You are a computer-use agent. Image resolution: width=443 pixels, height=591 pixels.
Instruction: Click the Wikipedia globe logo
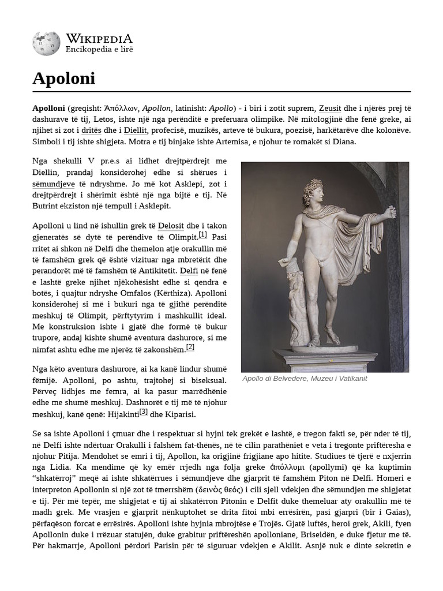pos(46,44)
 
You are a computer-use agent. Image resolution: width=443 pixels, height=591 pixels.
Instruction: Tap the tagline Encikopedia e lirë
pos(99,50)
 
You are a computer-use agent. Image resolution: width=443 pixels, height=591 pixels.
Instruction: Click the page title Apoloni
pos(63,78)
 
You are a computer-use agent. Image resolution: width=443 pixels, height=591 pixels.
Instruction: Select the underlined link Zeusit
pos(330,108)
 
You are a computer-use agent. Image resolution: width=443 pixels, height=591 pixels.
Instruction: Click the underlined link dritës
pos(91,130)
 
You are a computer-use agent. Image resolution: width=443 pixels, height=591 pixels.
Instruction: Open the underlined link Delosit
pos(171,226)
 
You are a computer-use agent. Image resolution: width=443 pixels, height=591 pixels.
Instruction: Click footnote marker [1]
pos(202,235)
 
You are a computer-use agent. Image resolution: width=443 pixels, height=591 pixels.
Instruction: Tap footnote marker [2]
pos(190,347)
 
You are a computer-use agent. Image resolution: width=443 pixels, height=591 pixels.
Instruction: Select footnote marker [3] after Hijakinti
pos(144,412)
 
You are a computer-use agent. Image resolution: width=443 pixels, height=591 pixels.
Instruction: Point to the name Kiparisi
pos(181,414)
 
